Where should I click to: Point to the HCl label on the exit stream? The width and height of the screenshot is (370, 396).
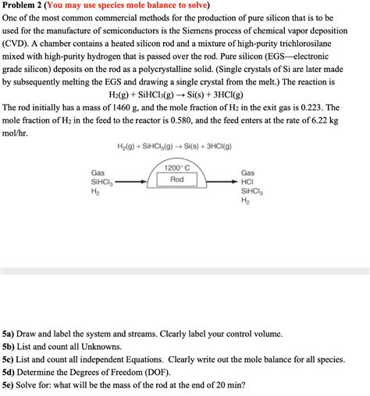coord(247,181)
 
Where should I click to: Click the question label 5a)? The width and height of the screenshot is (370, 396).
coord(10,332)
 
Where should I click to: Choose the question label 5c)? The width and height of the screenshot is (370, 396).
coord(10,359)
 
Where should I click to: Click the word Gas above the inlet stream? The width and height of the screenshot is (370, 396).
coord(98,173)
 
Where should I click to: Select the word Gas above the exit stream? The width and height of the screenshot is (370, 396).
coord(247,173)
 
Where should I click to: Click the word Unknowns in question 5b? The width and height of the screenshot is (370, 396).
coord(99,346)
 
